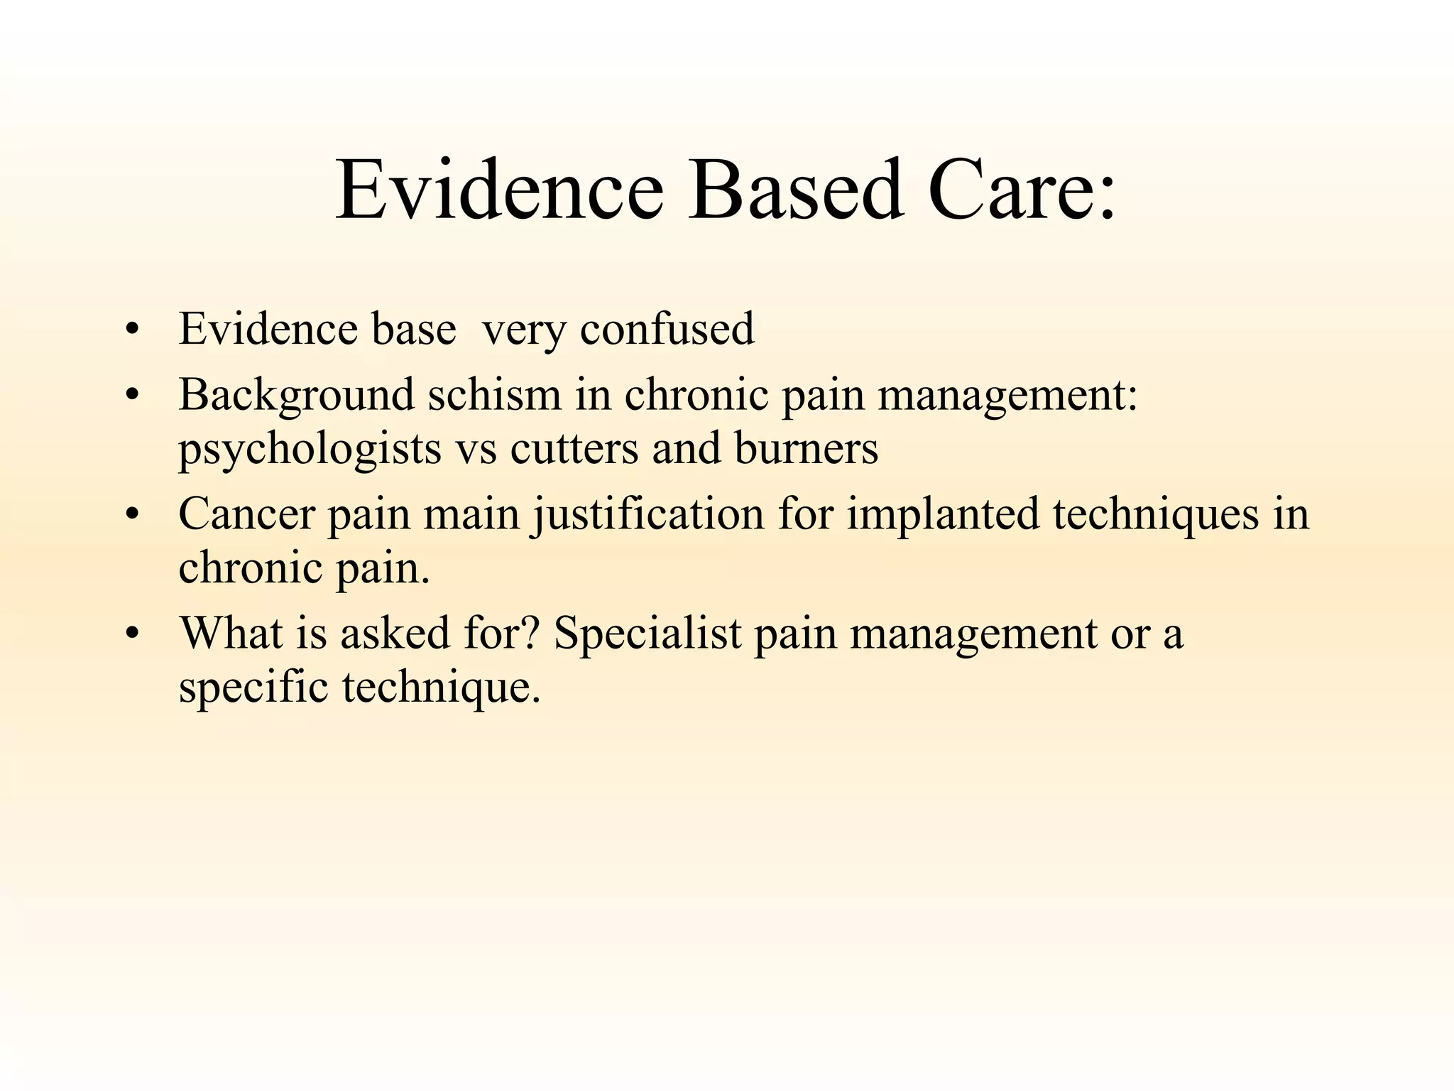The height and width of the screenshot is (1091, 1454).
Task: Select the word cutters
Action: click(574, 449)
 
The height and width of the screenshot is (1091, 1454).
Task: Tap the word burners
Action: click(807, 449)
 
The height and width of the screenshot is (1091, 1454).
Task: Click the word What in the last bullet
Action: click(231, 633)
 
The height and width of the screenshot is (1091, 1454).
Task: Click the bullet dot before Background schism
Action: click(131, 395)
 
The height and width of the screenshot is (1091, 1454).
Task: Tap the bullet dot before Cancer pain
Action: click(131, 514)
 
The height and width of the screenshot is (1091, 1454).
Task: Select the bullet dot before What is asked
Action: click(131, 634)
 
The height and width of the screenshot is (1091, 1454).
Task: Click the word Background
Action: click(296, 396)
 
